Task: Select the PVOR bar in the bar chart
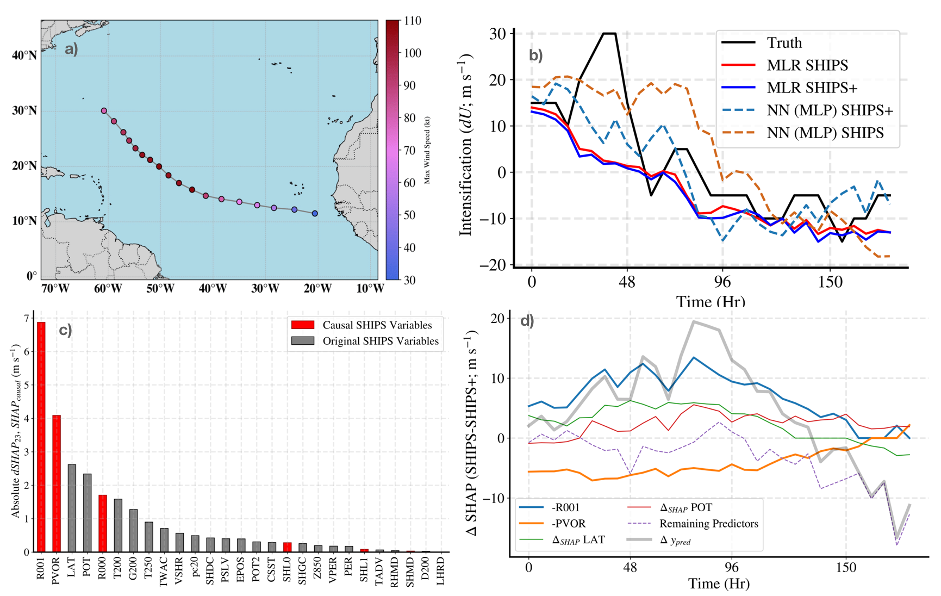pos(56,483)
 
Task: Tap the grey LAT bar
pos(72,508)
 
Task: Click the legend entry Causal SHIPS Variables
pos(377,325)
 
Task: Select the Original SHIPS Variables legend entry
pos(381,341)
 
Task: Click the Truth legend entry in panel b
pos(784,43)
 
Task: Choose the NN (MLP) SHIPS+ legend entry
pos(830,110)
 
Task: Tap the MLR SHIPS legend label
pos(807,65)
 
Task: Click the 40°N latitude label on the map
pos(24,55)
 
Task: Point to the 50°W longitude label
pos(160,288)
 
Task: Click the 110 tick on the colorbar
pos(413,21)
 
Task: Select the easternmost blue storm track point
pos(315,214)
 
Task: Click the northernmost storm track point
pos(104,111)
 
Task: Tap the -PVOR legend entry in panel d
pos(568,524)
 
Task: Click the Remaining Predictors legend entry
pos(708,524)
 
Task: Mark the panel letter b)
pos(536,55)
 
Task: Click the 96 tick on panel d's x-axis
pos(732,568)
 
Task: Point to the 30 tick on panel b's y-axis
pos(497,34)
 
